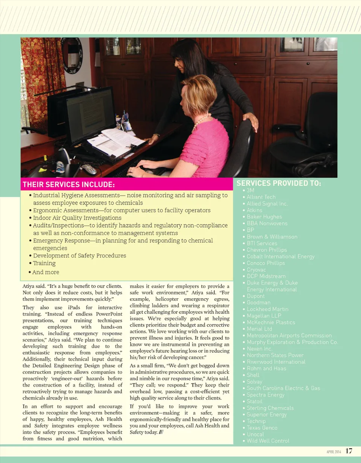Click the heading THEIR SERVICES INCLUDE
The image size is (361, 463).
[x=69, y=184]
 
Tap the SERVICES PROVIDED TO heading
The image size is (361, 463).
[x=279, y=183]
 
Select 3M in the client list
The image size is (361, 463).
[x=250, y=190]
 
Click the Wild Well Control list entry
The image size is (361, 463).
[x=268, y=441]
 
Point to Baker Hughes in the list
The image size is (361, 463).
[x=264, y=217]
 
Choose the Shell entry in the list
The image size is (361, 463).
[x=253, y=375]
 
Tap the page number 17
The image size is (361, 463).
[x=349, y=451]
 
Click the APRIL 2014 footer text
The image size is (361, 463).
[x=334, y=451]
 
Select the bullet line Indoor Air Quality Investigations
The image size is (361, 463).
[x=77, y=218]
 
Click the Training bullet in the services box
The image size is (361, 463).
[x=44, y=263]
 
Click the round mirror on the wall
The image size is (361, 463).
[x=72, y=55]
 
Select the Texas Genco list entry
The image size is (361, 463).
[x=262, y=428]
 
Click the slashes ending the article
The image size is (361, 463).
[x=161, y=432]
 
